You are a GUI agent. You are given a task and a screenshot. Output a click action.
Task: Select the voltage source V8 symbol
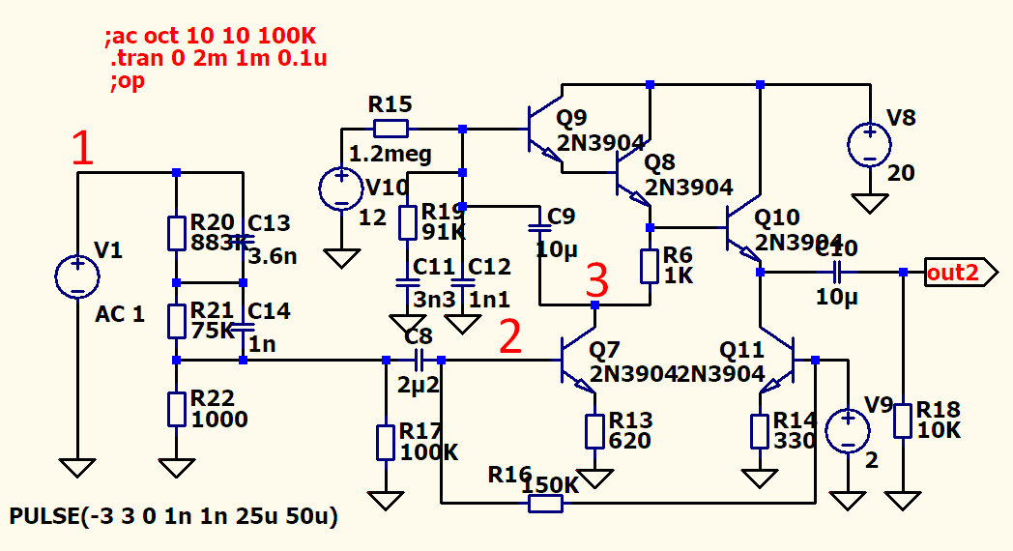pyautogui.click(x=870, y=145)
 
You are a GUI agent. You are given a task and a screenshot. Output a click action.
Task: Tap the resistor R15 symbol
pyautogui.click(x=391, y=129)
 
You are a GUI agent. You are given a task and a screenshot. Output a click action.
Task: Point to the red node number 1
pyautogui.click(x=83, y=149)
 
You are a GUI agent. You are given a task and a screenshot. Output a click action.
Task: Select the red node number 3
pyautogui.click(x=597, y=282)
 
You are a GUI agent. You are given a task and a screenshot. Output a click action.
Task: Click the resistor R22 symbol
pyautogui.click(x=176, y=408)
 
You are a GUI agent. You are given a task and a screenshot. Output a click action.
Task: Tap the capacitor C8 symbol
pyautogui.click(x=419, y=361)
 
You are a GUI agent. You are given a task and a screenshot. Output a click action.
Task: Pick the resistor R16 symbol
pyautogui.click(x=545, y=503)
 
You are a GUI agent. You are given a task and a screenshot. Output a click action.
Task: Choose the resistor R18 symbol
pyautogui.click(x=903, y=421)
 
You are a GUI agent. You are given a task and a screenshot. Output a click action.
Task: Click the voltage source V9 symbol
pyautogui.click(x=848, y=431)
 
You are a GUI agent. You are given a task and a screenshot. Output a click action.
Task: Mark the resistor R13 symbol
pyautogui.click(x=594, y=430)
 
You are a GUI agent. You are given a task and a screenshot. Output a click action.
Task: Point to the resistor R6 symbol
pyautogui.click(x=650, y=265)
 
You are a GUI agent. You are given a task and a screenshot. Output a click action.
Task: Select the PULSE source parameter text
pyautogui.click(x=174, y=517)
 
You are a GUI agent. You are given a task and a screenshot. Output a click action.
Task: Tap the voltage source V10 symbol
pyautogui.click(x=340, y=188)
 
